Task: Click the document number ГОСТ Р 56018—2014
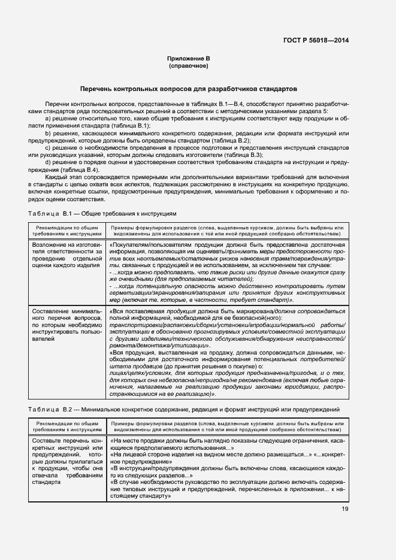pyautogui.click(x=316, y=40)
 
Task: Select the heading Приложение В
pyautogui.click(x=188, y=58)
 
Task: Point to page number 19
pyautogui.click(x=345, y=510)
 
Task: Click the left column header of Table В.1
pyautogui.click(x=64, y=231)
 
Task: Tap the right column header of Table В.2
pyautogui.click(x=226, y=426)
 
